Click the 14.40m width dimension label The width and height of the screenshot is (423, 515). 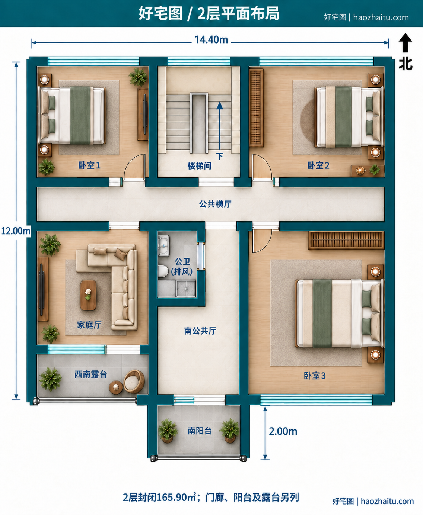point(211,39)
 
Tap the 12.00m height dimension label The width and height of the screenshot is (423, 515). point(16,231)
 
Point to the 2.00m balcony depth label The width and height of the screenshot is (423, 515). point(283,431)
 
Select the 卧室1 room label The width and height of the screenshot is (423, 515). point(89,165)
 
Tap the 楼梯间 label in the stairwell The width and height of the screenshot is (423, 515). point(199,166)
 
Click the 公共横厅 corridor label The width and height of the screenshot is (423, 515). point(215,204)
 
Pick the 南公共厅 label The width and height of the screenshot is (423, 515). point(200,331)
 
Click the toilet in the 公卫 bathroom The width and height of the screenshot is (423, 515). point(163,271)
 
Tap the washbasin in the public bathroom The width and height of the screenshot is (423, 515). point(163,245)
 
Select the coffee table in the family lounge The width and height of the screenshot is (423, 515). point(88,295)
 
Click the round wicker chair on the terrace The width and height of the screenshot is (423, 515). point(134,382)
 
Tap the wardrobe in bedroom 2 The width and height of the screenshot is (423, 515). point(257,108)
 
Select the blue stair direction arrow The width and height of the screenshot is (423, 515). point(220,126)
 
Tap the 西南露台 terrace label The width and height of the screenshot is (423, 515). point(91,374)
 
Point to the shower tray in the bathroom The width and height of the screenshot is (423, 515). point(186,289)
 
